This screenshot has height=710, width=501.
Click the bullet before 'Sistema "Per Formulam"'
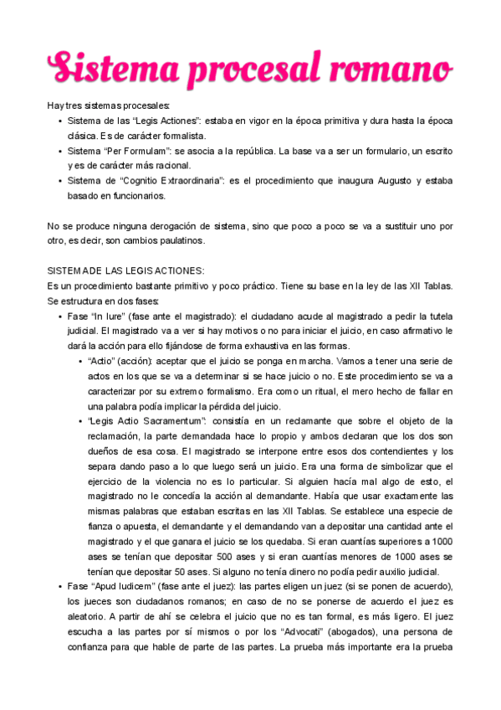59,152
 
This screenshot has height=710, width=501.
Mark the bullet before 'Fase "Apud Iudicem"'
59,587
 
